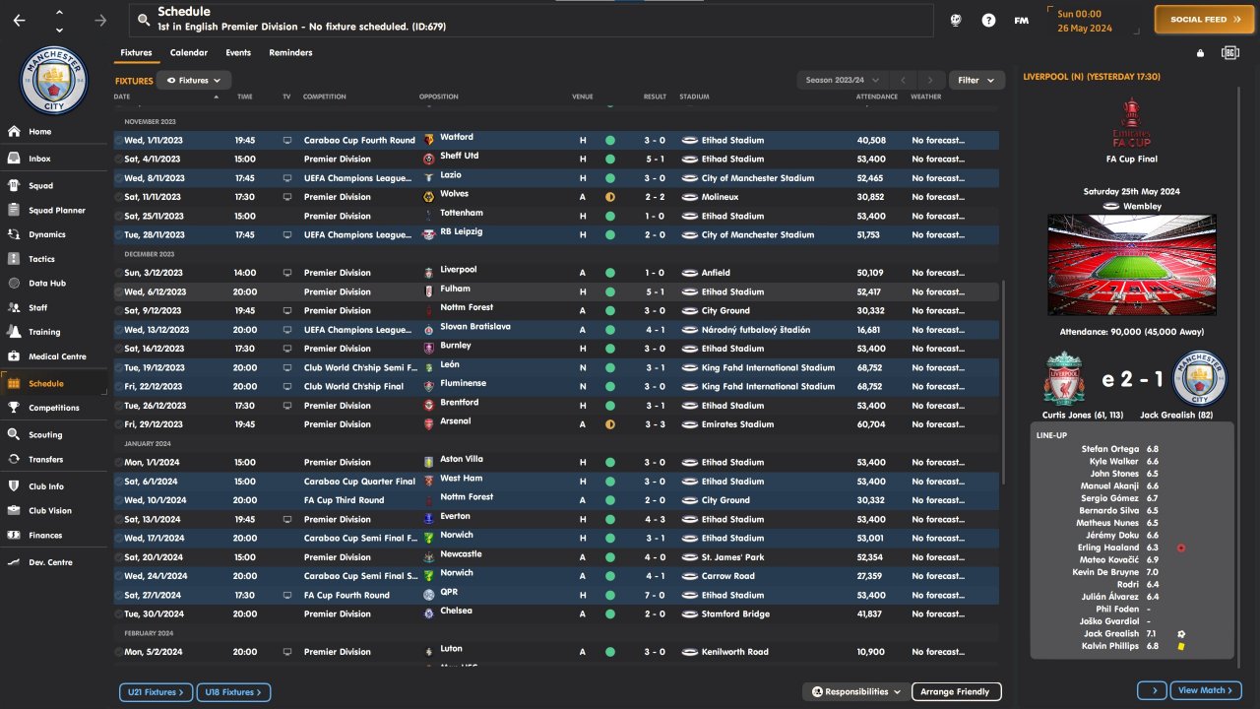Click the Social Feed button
[1197, 20]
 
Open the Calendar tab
[188, 53]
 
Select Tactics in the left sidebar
[41, 259]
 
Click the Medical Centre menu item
[57, 356]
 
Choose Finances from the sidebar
[45, 536]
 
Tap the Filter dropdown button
[976, 80]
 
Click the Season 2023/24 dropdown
[842, 80]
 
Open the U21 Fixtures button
[156, 692]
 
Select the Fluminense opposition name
[463, 384]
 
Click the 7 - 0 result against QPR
[655, 596]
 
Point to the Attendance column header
[876, 97]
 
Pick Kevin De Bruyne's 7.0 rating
[1152, 572]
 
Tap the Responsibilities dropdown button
[856, 692]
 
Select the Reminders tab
[290, 53]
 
